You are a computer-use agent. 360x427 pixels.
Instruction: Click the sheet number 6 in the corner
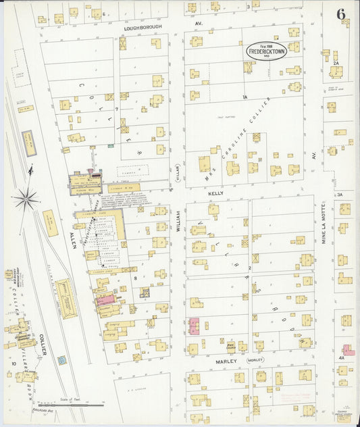(341, 14)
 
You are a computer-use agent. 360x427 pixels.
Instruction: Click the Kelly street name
(215, 193)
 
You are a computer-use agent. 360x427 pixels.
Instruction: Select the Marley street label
(226, 361)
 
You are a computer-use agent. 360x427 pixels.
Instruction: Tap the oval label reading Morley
(255, 361)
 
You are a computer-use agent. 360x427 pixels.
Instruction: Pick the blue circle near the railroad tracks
(62, 360)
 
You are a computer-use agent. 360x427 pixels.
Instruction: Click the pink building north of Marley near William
(194, 326)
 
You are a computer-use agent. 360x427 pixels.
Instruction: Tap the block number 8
(135, 278)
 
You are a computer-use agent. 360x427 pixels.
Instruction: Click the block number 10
(13, 363)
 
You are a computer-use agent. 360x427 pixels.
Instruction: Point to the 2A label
(335, 63)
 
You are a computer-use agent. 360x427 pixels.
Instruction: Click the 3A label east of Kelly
(340, 195)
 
